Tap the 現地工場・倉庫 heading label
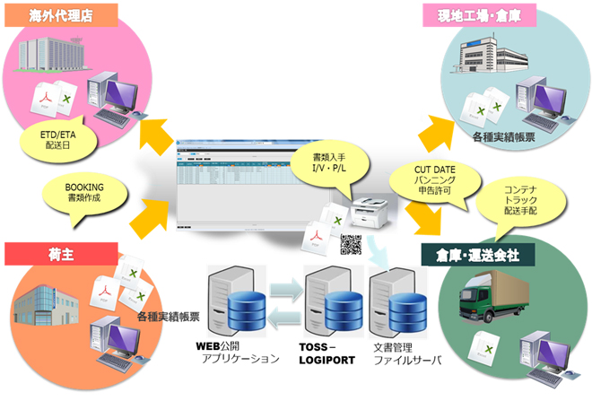tap(479, 14)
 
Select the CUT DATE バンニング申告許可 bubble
tap(421, 185)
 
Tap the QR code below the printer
tap(351, 245)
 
